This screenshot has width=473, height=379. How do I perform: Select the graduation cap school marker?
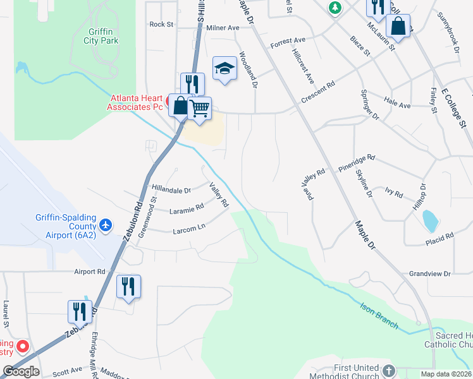[x=224, y=68]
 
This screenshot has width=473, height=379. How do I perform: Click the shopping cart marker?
[x=199, y=108]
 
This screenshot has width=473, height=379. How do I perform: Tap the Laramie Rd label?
[x=187, y=207]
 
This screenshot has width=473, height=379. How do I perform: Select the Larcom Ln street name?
[x=189, y=229]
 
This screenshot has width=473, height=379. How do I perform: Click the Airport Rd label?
[x=89, y=272]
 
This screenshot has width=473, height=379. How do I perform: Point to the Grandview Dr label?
[x=429, y=274]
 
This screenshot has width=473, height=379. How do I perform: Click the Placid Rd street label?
[x=440, y=236]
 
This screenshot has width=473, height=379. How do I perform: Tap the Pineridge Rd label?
[x=357, y=164]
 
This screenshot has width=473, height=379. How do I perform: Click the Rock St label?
[x=161, y=25]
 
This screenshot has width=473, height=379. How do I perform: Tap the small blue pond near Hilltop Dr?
[x=429, y=220]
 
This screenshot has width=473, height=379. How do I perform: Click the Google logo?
[x=21, y=371]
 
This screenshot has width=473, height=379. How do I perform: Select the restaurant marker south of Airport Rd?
[x=129, y=286]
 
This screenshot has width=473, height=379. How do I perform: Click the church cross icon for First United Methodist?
[x=389, y=369]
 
